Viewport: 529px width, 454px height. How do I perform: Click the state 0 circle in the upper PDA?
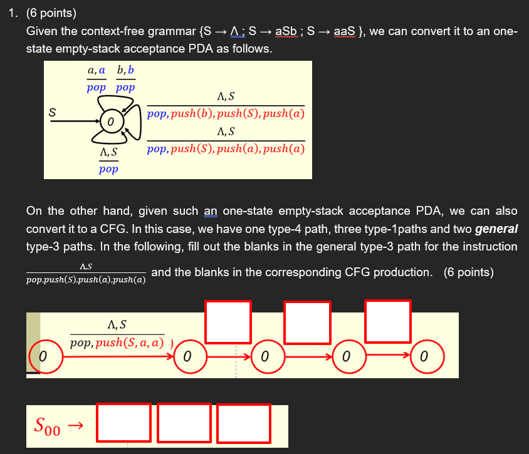[109, 121]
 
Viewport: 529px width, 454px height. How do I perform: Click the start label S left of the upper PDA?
[53, 113]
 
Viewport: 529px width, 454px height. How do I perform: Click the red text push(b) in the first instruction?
[193, 115]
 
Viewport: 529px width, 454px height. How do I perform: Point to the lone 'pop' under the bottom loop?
[108, 169]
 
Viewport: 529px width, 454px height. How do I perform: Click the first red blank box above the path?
[228, 322]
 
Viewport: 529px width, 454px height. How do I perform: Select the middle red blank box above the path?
[307, 322]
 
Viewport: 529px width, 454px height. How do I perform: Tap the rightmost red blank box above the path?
[387, 321]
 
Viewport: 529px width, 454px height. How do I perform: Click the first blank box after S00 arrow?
[124, 423]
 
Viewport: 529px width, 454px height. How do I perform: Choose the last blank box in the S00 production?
[244, 423]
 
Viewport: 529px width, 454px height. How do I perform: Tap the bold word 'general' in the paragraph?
[496, 229]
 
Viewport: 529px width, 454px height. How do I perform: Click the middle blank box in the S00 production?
[184, 423]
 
